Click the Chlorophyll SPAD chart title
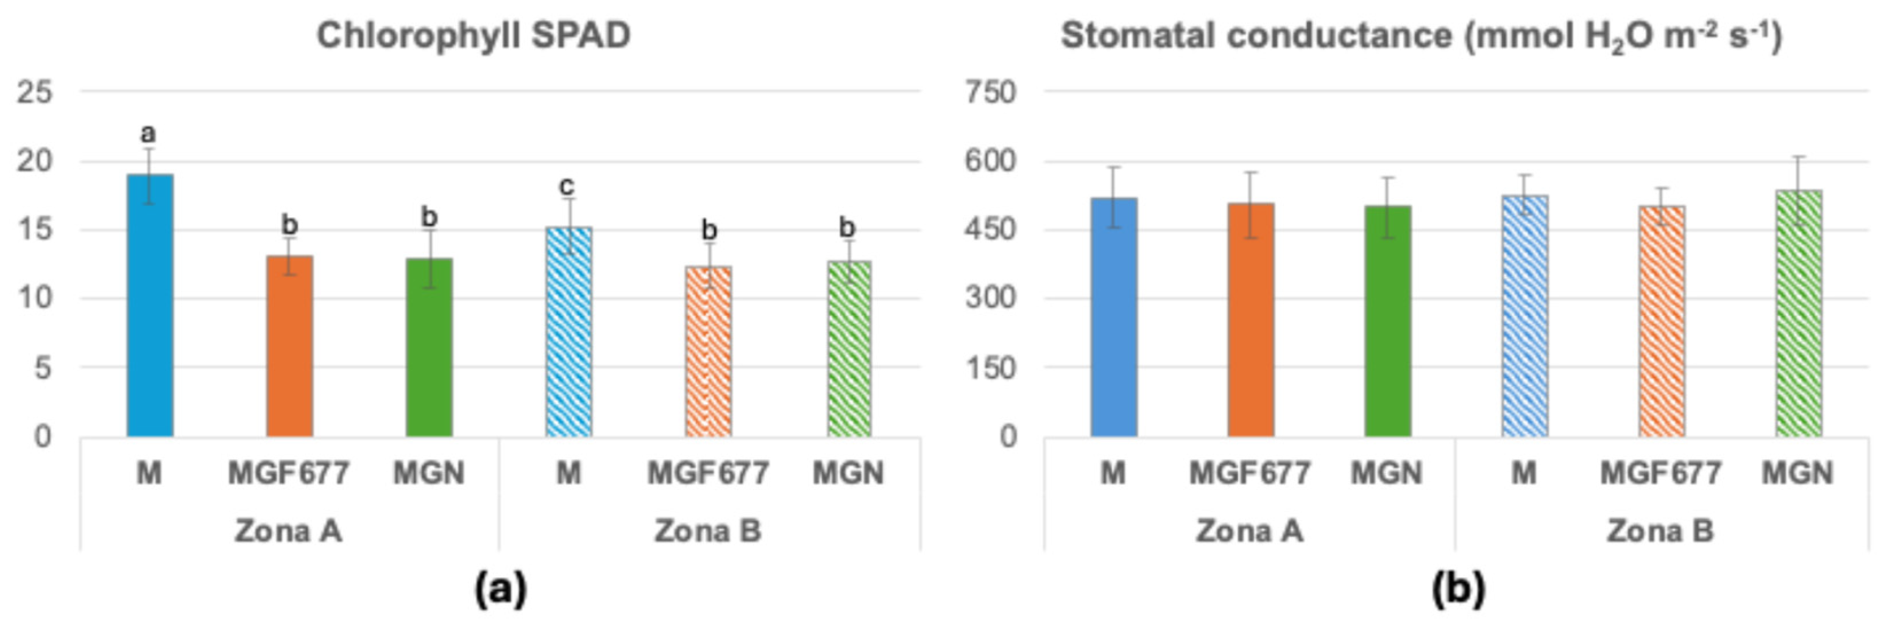point(473,36)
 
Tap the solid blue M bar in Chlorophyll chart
point(150,307)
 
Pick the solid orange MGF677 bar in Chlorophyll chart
point(289,347)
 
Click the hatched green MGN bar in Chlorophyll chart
point(849,349)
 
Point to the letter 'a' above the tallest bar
point(149,134)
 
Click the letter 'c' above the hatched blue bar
point(567,186)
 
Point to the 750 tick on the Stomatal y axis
point(990,93)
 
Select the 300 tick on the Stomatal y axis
point(990,298)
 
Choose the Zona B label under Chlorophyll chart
point(707,532)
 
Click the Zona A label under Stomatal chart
point(1249,532)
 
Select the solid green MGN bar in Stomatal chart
point(1387,321)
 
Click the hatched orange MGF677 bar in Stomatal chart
point(1662,321)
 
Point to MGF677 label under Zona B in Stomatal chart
point(1661,474)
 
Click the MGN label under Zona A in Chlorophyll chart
point(428,474)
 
